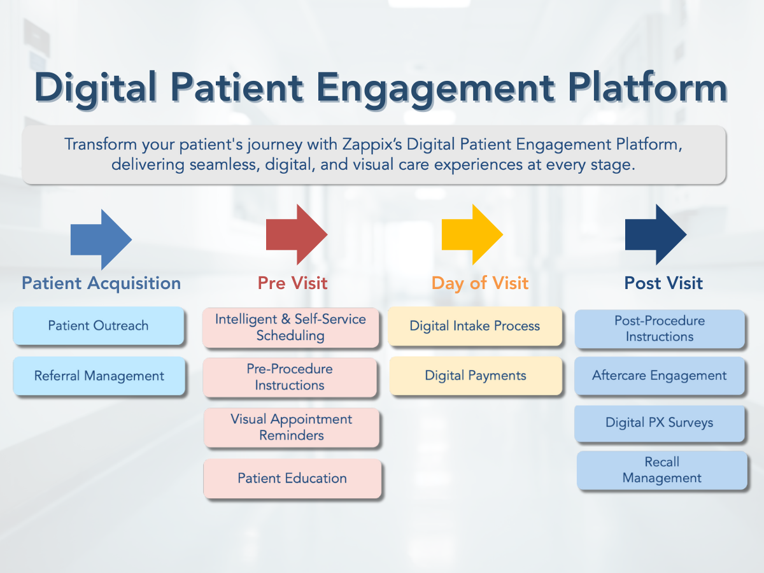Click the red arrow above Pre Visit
297,234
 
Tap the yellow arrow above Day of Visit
472,234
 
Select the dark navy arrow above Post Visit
656,234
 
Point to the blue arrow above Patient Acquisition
101,239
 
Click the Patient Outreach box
99,325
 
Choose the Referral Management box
99,376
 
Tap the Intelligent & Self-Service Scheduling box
290,327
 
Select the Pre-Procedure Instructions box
290,377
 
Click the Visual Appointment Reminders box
292,427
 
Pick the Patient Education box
292,478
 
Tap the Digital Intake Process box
475,326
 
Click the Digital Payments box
476,376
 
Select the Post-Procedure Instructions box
660,329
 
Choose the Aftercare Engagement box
660,376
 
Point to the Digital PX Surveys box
660,423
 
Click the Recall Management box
662,470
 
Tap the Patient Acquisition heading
101,283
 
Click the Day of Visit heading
480,283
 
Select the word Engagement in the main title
435,89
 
